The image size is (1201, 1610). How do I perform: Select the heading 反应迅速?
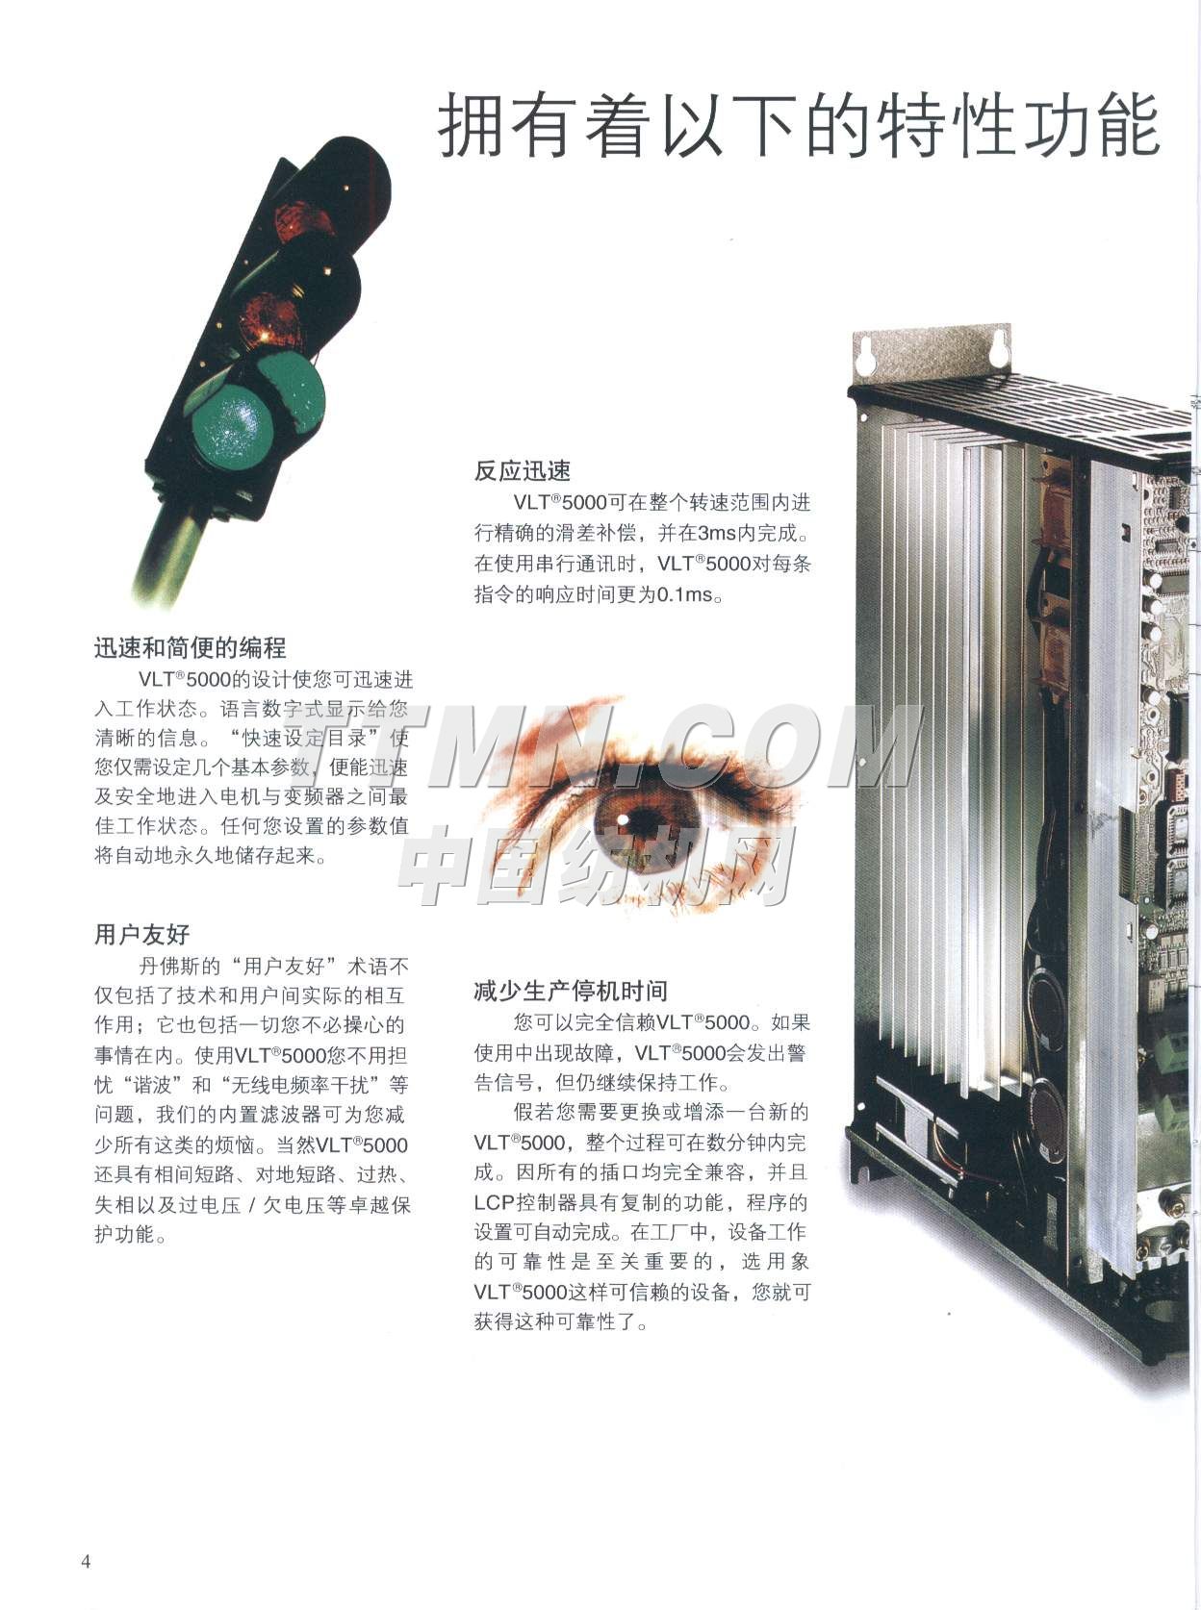pyautogui.click(x=523, y=471)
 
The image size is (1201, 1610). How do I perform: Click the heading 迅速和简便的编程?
pyautogui.click(x=190, y=647)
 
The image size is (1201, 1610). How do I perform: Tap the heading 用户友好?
pyautogui.click(x=142, y=935)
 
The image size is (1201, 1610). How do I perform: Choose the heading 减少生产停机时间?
pyautogui.click(x=571, y=991)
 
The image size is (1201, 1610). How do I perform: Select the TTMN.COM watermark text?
pyautogui.click(x=646, y=745)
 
